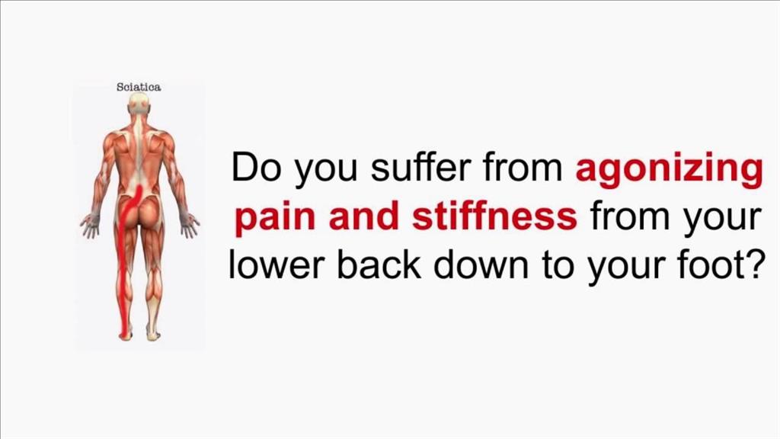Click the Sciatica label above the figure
point(139,87)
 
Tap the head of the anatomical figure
point(139,104)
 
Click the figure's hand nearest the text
point(190,225)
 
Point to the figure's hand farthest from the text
point(90,225)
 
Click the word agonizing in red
point(669,170)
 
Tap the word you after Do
point(326,172)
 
